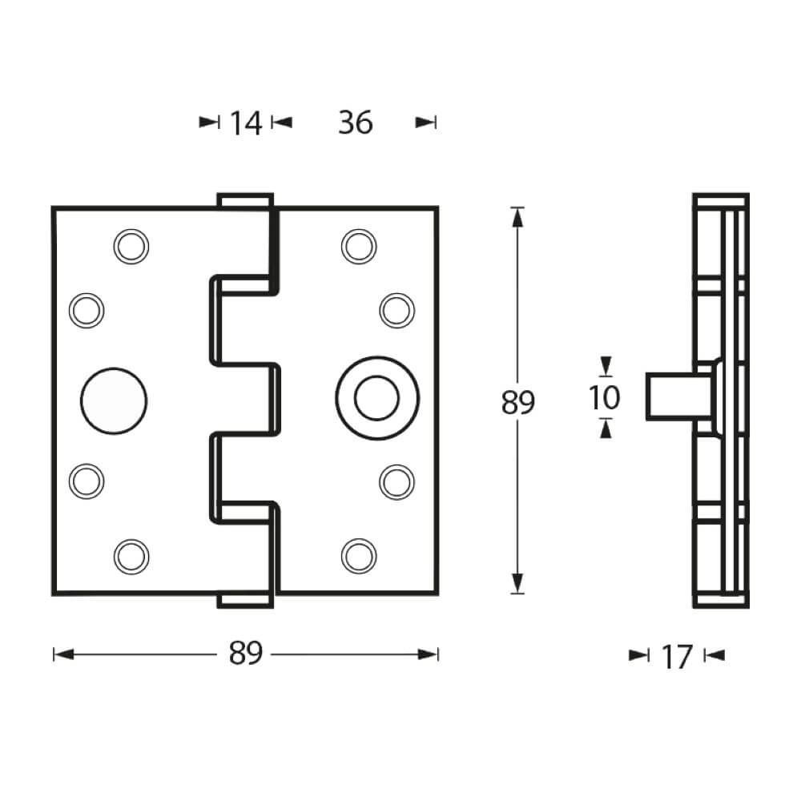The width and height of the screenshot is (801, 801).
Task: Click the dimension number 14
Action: tap(246, 123)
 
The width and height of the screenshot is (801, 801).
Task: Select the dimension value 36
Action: tap(355, 123)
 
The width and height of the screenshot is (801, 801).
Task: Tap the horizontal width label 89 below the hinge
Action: tap(246, 654)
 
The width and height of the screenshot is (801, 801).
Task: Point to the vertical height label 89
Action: tap(517, 403)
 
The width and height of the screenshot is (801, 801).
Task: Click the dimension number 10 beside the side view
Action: tap(605, 397)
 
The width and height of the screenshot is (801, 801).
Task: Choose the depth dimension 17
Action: tap(676, 657)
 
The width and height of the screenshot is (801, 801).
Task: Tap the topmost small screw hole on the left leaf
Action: tap(131, 246)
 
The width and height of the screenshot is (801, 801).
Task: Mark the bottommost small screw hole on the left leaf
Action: tap(131, 554)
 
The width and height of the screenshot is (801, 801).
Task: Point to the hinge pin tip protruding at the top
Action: tap(245, 200)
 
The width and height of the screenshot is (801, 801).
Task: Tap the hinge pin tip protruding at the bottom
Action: tap(245, 601)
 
